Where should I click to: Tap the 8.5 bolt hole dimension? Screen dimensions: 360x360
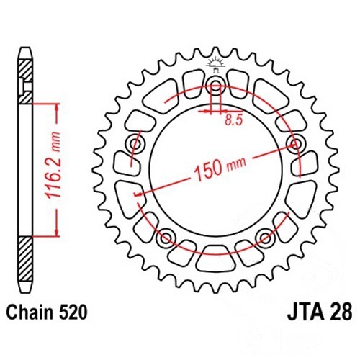234,120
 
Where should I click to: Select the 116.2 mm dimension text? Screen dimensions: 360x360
53,166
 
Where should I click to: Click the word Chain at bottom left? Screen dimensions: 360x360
31,312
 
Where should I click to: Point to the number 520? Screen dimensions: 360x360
73,312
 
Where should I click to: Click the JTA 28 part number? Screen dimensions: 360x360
320,312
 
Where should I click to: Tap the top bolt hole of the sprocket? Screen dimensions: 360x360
216,84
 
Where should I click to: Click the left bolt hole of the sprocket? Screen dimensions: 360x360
135,144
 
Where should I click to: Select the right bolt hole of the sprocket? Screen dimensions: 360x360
296,144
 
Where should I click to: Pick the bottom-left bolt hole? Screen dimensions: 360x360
166,238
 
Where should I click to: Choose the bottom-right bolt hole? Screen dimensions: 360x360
265,238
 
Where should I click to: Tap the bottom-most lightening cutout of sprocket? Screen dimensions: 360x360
215,258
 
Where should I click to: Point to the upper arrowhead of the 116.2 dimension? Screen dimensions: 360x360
57,108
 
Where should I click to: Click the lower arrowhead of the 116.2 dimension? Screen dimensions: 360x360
57,232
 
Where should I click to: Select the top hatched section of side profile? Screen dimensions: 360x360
25,81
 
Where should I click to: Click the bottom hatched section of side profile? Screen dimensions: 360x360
25,258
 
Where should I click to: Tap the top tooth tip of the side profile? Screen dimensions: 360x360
25,48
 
